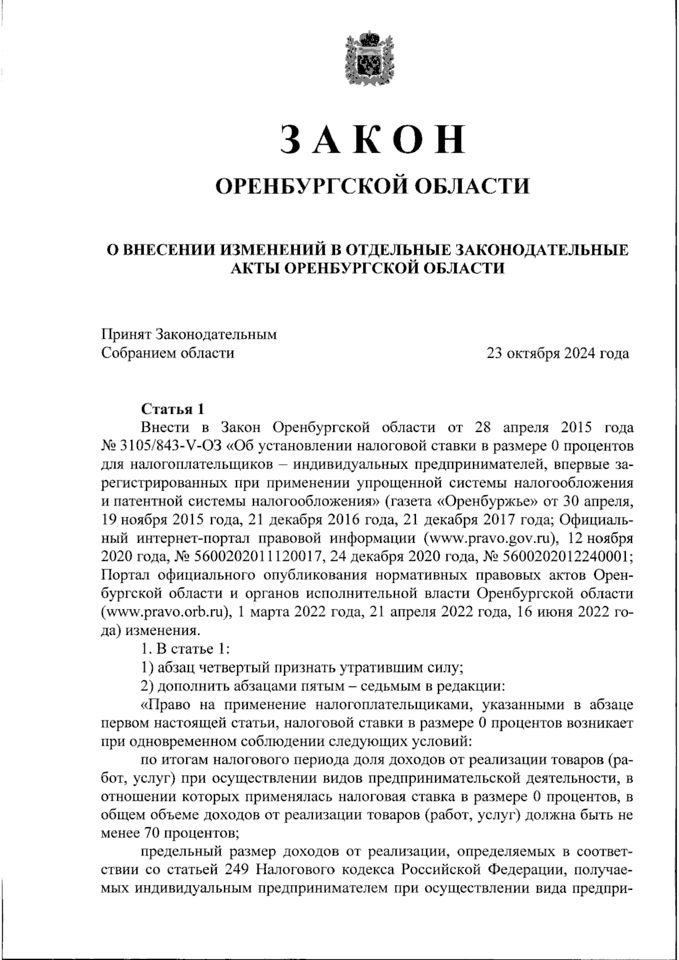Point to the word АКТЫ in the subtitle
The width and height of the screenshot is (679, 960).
tap(253, 267)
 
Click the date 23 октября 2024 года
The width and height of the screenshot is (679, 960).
tap(558, 354)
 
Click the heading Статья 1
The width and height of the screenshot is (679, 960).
tap(171, 409)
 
